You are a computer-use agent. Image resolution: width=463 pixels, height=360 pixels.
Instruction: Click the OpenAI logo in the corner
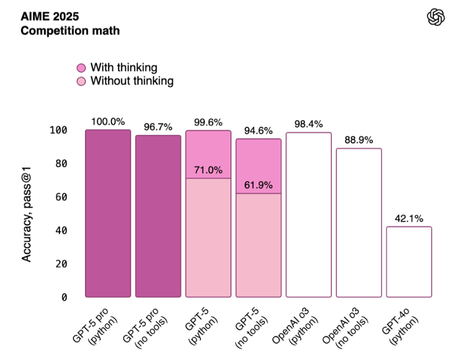point(436,18)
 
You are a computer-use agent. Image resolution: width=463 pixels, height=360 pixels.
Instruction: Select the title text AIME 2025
point(50,16)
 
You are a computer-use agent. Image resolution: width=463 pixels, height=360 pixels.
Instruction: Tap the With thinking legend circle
point(81,68)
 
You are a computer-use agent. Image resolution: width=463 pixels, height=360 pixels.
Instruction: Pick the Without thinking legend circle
point(81,81)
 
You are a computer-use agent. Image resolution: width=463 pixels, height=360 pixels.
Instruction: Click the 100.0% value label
point(108,122)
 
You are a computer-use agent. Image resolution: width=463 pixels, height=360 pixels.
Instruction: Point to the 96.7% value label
point(158,127)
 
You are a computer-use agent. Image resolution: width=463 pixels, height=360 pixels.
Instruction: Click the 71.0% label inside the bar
point(208,170)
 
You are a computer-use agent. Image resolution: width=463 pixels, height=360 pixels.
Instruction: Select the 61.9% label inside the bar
point(258,185)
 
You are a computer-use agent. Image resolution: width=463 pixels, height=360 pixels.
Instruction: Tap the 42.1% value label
point(409,219)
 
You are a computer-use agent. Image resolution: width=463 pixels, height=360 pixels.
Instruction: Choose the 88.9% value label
point(359,140)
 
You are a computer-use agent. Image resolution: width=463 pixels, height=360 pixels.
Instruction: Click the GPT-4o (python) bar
point(409,262)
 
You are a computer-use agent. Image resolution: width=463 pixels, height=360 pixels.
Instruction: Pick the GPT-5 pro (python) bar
point(108,214)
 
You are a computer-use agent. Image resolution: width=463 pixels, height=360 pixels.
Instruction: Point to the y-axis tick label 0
point(64,297)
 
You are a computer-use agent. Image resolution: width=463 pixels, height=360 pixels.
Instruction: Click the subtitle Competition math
point(70,31)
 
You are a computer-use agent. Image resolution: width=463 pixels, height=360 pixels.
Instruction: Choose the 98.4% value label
point(308,124)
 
